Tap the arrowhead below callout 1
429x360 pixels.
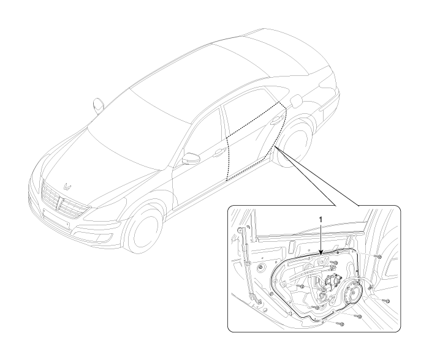321,253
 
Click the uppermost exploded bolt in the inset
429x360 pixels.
379,257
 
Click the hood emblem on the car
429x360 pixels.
67,186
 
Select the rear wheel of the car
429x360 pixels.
294,144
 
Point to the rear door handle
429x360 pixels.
276,120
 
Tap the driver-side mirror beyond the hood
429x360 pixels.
98,105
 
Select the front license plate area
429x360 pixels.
56,219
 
